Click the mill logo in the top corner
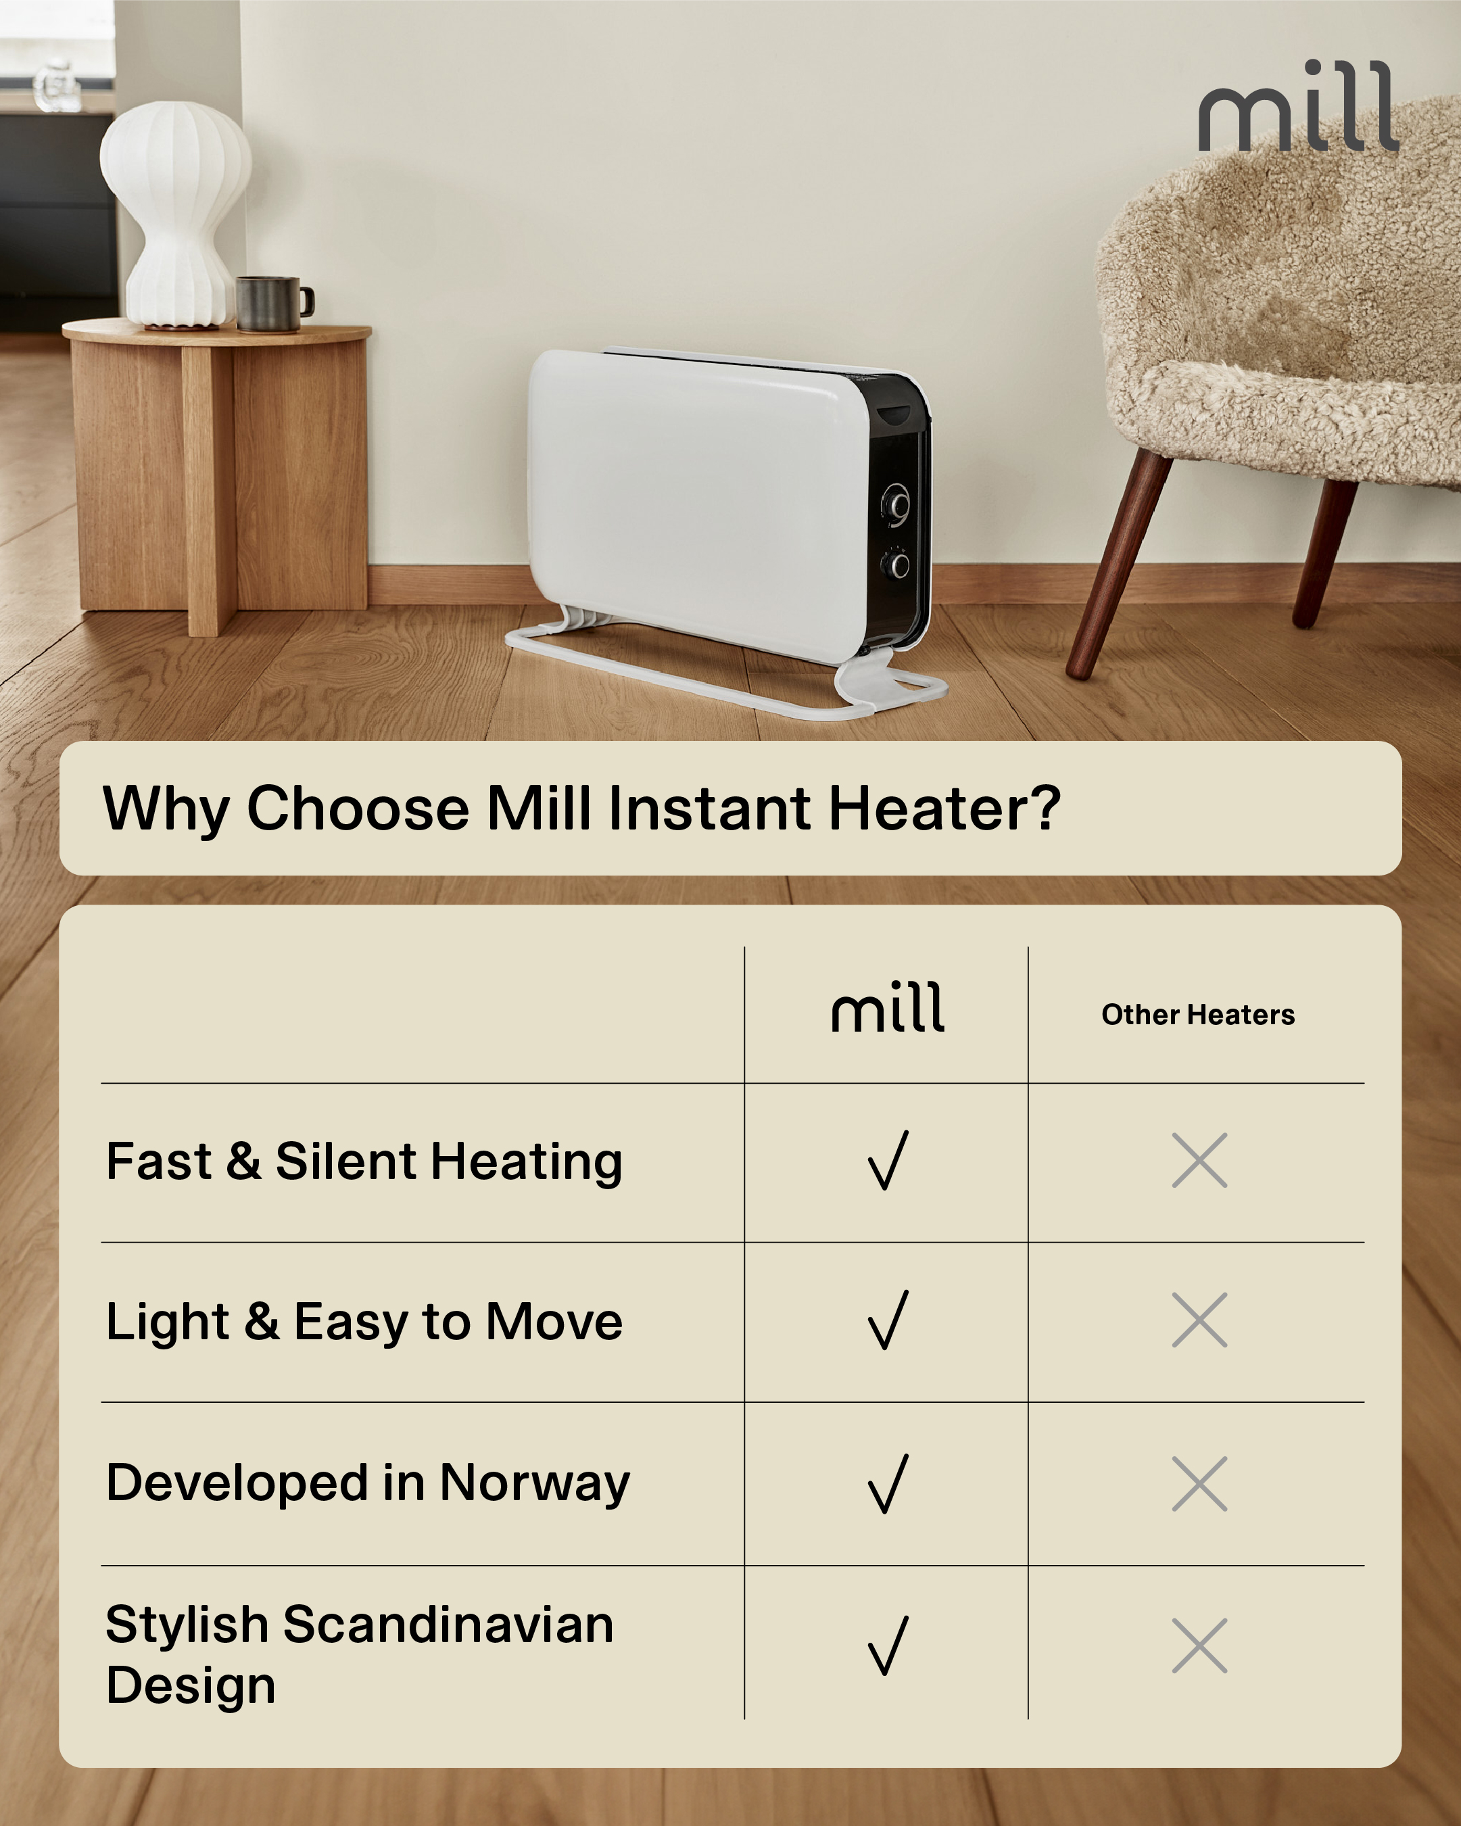pyautogui.click(x=1298, y=106)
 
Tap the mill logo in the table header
pyautogui.click(x=888, y=1007)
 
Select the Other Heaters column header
pyautogui.click(x=1197, y=1014)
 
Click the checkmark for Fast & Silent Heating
pyautogui.click(x=888, y=1159)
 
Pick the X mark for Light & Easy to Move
pyautogui.click(x=1199, y=1320)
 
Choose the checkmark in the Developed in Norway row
pyautogui.click(x=888, y=1483)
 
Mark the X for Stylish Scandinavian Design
pyautogui.click(x=1199, y=1645)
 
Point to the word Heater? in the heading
pyautogui.click(x=944, y=807)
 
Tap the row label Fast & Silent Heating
pyautogui.click(x=364, y=1161)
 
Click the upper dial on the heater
pyautogui.click(x=895, y=505)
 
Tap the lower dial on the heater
pyautogui.click(x=896, y=563)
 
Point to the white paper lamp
pyautogui.click(x=175, y=214)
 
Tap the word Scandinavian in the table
pyautogui.click(x=448, y=1625)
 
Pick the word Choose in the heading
pyautogui.click(x=358, y=807)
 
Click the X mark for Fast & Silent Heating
pyautogui.click(x=1199, y=1159)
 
